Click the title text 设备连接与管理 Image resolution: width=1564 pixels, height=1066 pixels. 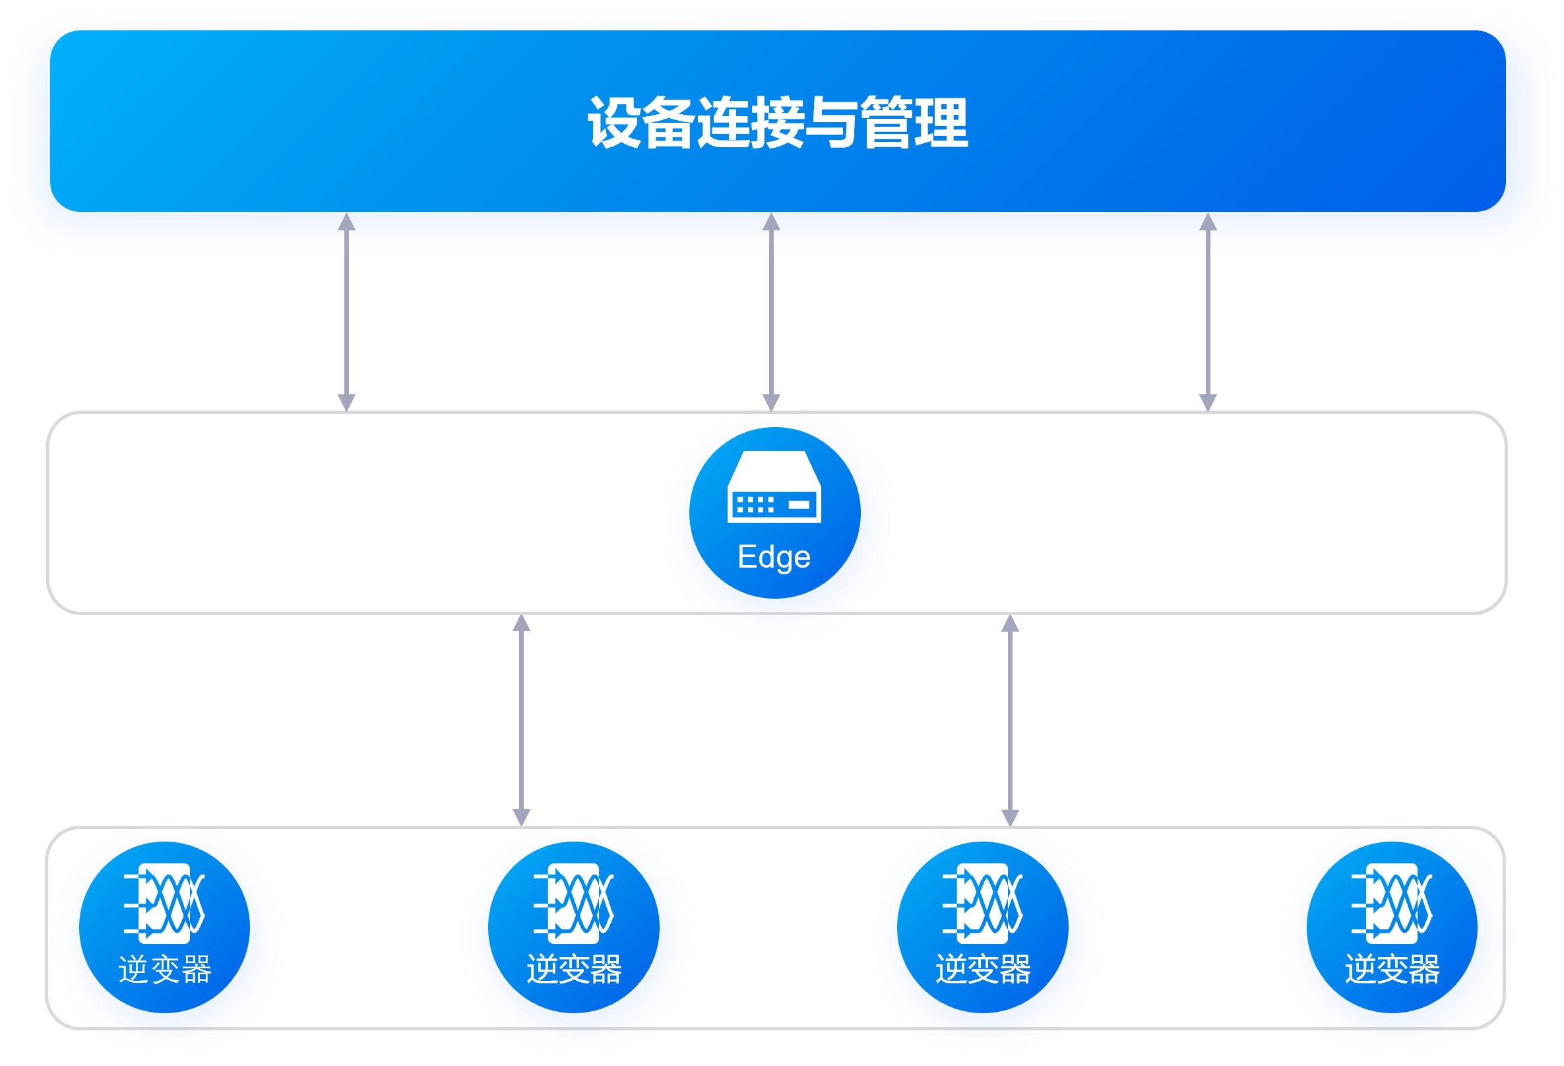point(777,123)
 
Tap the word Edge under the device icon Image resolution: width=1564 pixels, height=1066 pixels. point(774,558)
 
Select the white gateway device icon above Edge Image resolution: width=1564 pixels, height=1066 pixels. point(774,487)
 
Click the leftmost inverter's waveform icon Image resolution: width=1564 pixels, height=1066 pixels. point(164,903)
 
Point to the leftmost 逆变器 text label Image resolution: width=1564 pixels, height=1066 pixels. point(165,970)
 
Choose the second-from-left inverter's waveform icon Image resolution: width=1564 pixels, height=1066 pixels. point(573,903)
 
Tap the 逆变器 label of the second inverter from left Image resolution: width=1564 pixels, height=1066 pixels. point(574,970)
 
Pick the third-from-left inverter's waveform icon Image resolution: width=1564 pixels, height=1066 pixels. point(983,903)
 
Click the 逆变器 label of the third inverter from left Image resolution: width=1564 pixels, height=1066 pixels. point(984,970)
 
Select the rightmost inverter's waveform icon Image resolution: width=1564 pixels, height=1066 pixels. point(1392,903)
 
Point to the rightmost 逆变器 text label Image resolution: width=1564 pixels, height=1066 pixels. point(1392,970)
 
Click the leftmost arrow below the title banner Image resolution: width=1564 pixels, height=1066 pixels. point(346,312)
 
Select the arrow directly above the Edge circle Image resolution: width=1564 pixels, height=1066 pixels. point(771,312)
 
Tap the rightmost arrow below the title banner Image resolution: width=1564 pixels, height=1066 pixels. point(1208,312)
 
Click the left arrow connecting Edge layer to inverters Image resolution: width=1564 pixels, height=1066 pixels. point(522,721)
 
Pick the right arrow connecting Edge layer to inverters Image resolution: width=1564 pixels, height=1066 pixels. point(1010,721)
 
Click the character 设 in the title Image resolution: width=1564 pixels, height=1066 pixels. point(613,123)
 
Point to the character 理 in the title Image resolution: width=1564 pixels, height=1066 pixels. point(941,123)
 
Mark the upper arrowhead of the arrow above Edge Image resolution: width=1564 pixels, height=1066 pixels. point(771,222)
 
